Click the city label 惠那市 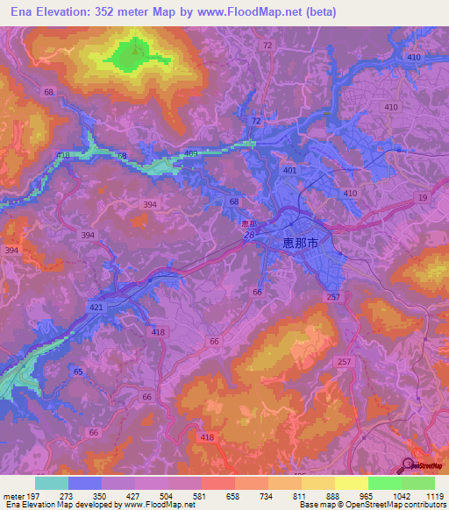[301, 244]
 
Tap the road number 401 [289, 170]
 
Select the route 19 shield [424, 199]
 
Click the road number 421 [96, 308]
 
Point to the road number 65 [78, 372]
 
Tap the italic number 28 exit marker [249, 235]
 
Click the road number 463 [191, 153]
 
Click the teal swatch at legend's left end [52, 483]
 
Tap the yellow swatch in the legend [352, 483]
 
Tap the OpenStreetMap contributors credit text [385, 505]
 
